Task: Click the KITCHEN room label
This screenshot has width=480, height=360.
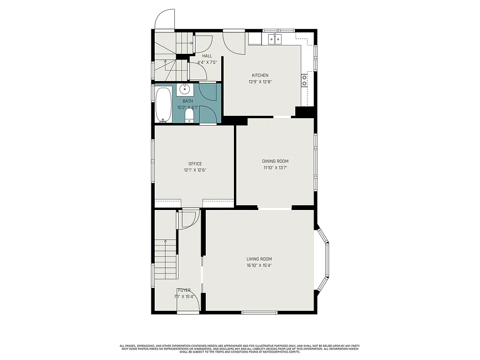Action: [260, 75]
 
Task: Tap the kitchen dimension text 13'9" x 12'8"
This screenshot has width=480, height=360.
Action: [260, 82]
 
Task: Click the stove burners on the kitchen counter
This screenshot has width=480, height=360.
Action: [304, 81]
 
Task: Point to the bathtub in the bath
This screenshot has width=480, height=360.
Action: [163, 104]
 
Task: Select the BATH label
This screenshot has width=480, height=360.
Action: [187, 101]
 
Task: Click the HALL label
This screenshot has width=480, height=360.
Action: [207, 56]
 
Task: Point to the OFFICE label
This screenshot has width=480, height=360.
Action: [195, 164]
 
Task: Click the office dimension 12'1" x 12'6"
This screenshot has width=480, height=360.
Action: [195, 170]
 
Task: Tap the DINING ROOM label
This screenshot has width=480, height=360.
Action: [275, 161]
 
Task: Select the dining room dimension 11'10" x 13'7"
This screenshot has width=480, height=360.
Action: [275, 167]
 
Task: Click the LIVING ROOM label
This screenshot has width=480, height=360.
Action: [259, 259]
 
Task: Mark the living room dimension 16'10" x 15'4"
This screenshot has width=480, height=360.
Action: [259, 265]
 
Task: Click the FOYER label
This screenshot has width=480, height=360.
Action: [184, 290]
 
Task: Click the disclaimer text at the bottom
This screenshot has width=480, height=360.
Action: [240, 349]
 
